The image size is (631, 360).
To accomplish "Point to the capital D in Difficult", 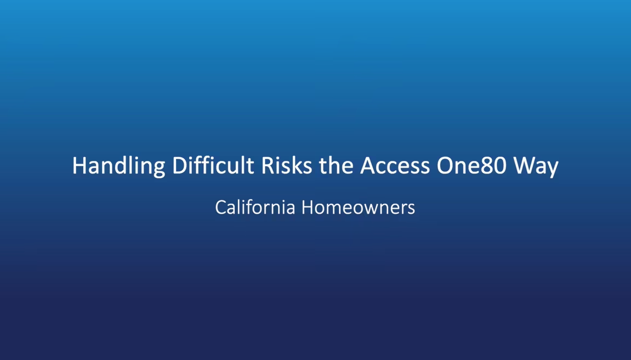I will (x=179, y=166).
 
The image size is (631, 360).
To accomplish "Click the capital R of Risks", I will (x=267, y=166).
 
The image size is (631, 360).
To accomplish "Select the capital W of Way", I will (x=525, y=166).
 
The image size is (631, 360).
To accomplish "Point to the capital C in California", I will (x=220, y=207).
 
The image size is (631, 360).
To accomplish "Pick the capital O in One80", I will (x=445, y=166).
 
